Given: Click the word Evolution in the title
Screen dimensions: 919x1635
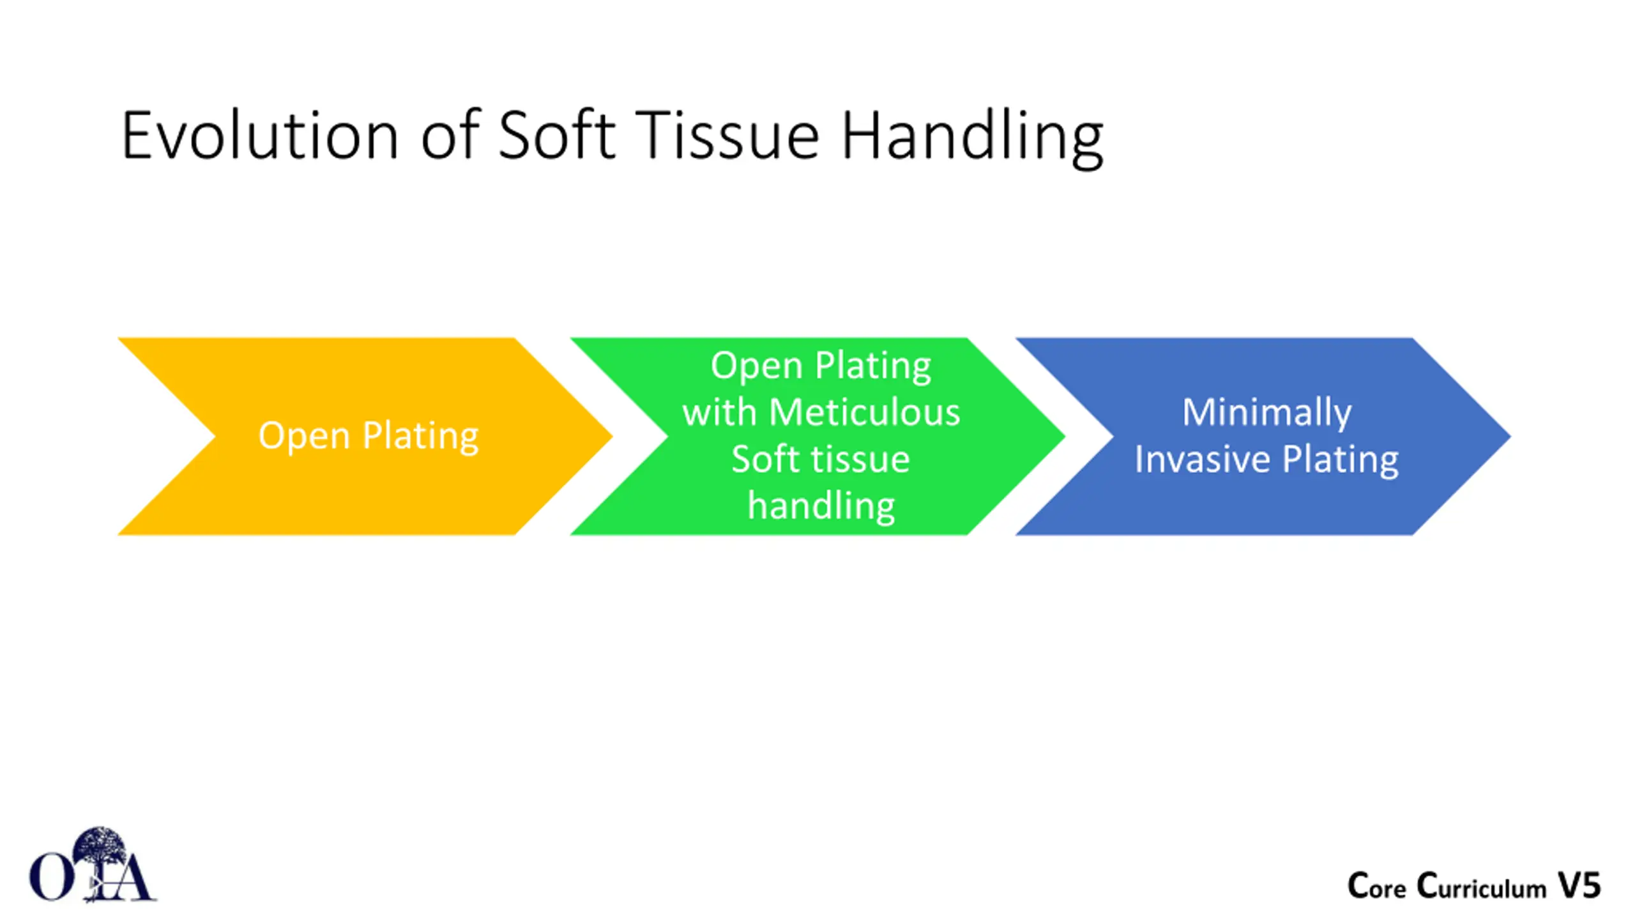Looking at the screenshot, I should pyautogui.click(x=259, y=136).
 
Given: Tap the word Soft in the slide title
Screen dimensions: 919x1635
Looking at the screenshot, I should pyautogui.click(x=556, y=136).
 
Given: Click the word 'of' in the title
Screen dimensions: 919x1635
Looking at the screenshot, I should pyautogui.click(x=450, y=136).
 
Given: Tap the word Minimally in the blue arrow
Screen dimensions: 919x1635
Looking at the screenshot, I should pyautogui.click(x=1266, y=412).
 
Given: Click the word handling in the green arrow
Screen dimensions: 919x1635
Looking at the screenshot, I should pyautogui.click(x=821, y=505).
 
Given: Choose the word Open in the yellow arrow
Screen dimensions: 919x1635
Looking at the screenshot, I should pyautogui.click(x=304, y=436).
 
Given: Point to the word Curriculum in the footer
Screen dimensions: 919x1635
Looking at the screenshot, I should pyautogui.click(x=1481, y=886).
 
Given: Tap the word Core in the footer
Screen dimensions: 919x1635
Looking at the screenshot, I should pyautogui.click(x=1376, y=886).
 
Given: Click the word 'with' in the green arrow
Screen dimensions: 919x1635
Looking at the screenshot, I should pyautogui.click(x=719, y=412).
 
